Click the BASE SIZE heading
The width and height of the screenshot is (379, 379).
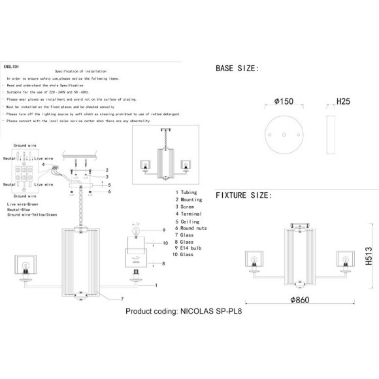[237, 69]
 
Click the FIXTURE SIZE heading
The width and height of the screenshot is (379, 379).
[242, 195]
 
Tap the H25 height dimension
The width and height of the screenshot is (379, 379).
[344, 102]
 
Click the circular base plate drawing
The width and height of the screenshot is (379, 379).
[286, 134]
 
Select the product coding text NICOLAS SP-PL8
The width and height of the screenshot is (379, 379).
[187, 312]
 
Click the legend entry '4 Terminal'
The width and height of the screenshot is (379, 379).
[189, 214]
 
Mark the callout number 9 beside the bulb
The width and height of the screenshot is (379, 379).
[165, 230]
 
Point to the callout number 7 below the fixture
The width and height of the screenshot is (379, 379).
[122, 298]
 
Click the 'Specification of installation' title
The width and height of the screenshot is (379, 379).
[80, 71]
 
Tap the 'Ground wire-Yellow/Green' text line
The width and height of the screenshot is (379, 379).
[33, 215]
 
